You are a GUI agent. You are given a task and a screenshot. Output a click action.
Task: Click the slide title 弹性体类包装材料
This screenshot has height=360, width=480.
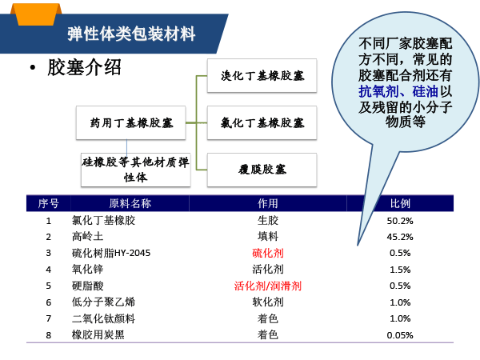(131, 34)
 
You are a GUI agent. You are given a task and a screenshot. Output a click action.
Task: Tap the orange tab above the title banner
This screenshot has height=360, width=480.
(36, 14)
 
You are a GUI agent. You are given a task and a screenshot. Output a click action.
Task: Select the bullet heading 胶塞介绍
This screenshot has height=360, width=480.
(84, 67)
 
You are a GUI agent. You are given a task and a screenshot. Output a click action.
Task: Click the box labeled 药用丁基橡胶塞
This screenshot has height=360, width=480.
(130, 122)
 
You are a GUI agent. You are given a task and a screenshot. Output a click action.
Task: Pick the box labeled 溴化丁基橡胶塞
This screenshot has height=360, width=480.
(262, 76)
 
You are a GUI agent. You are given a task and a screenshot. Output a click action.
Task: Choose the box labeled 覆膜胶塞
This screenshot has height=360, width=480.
(262, 170)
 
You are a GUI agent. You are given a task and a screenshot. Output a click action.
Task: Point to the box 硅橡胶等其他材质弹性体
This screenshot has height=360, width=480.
(136, 170)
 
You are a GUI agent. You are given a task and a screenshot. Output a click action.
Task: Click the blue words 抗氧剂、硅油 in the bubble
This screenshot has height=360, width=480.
(398, 91)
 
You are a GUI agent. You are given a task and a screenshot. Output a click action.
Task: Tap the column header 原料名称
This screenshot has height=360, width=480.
(130, 203)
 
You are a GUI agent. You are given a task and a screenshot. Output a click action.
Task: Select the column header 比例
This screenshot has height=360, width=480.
(400, 203)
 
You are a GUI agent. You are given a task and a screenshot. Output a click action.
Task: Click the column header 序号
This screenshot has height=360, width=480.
(48, 203)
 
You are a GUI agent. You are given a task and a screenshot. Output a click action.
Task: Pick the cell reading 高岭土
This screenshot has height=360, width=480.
(87, 237)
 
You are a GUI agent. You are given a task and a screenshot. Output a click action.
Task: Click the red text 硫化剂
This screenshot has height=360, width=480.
(268, 253)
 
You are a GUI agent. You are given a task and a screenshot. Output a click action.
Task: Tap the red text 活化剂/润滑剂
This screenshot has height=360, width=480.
(268, 286)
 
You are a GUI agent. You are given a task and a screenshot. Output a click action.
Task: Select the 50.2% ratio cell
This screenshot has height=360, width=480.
(400, 221)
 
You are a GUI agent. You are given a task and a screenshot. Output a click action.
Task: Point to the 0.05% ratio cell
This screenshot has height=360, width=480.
(400, 335)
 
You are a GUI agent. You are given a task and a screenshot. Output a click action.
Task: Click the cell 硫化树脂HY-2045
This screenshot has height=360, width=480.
(111, 253)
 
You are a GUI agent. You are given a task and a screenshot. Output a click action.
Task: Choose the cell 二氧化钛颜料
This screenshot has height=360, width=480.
(103, 318)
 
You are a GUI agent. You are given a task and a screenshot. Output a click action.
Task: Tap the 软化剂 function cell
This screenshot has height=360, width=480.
(268, 302)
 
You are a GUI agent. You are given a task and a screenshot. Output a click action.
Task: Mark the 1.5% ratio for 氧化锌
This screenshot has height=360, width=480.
(400, 270)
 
